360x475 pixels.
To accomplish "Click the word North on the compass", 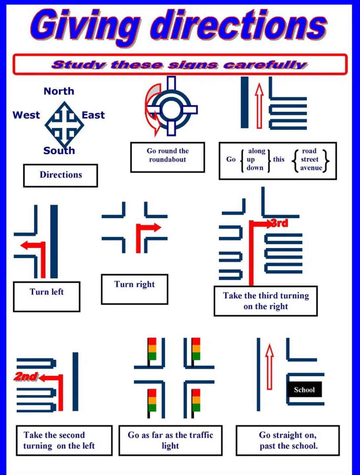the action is (59, 91).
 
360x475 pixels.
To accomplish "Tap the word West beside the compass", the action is (26, 115).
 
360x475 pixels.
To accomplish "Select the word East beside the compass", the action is (93, 115).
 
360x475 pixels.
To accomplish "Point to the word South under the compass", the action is (59, 151).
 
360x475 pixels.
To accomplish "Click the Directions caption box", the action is (60, 175).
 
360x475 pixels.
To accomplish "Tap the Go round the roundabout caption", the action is (167, 156).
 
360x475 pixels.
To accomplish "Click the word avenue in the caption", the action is (311, 168).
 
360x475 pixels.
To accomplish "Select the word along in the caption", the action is (257, 151).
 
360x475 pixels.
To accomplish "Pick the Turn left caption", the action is (47, 292).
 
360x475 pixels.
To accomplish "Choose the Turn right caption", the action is (134, 285).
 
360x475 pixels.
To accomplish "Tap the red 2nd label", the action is (26, 376).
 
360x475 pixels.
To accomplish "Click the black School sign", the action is (304, 390).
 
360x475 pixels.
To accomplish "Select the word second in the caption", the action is (70, 435).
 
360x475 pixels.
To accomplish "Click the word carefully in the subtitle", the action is (265, 64).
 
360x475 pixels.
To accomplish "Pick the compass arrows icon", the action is (64, 124).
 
